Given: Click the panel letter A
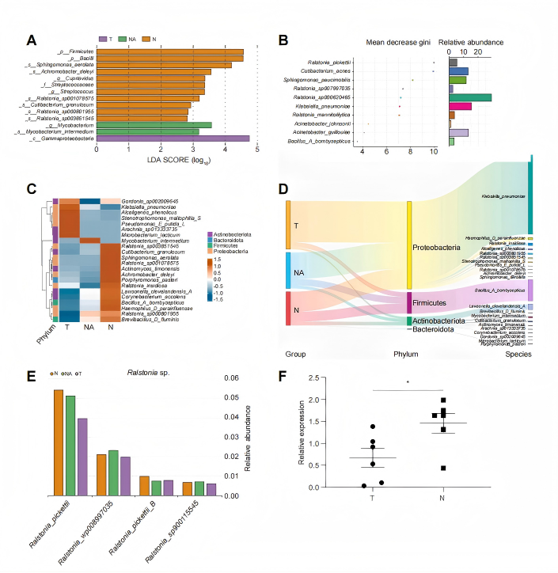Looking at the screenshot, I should pos(31,41).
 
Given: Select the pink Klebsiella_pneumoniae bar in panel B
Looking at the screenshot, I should pos(460,105).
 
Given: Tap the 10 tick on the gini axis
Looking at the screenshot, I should pos(434,151).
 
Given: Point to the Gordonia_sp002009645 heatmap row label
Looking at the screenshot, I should pos(150,201).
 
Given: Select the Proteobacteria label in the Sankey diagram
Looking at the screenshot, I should pos(447,248).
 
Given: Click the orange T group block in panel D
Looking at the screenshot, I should pos(288,225).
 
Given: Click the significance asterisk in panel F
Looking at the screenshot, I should pos(408,382).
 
